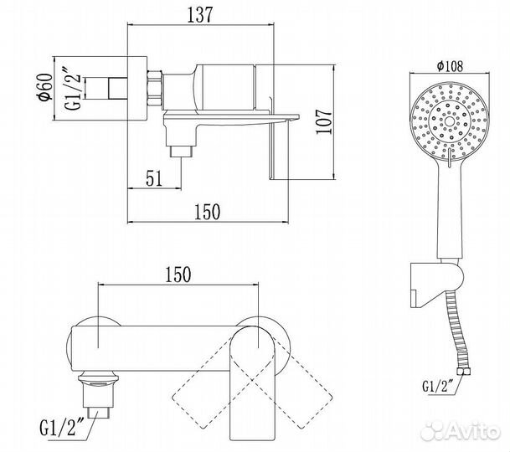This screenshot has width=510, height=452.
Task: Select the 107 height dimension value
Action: click(330, 122)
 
